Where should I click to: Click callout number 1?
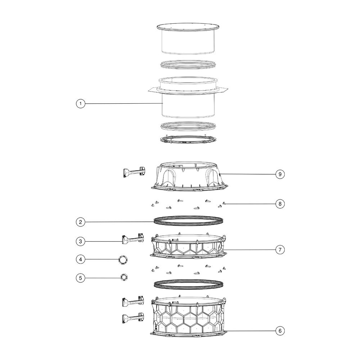pyautogui.click(x=80, y=104)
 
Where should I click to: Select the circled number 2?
pyautogui.click(x=80, y=222)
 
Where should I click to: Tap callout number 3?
pyautogui.click(x=80, y=241)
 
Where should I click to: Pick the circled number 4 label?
pyautogui.click(x=80, y=260)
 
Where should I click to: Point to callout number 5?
pyautogui.click(x=80, y=278)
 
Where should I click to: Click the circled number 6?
pyautogui.click(x=280, y=331)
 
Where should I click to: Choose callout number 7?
pyautogui.click(x=280, y=249)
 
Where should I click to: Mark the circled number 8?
pyautogui.click(x=280, y=204)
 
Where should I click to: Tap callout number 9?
pyautogui.click(x=280, y=174)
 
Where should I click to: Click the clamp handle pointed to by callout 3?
pyautogui.click(x=133, y=239)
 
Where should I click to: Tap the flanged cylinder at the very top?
pyautogui.click(x=188, y=39)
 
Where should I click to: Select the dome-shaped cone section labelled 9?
pyautogui.click(x=189, y=176)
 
